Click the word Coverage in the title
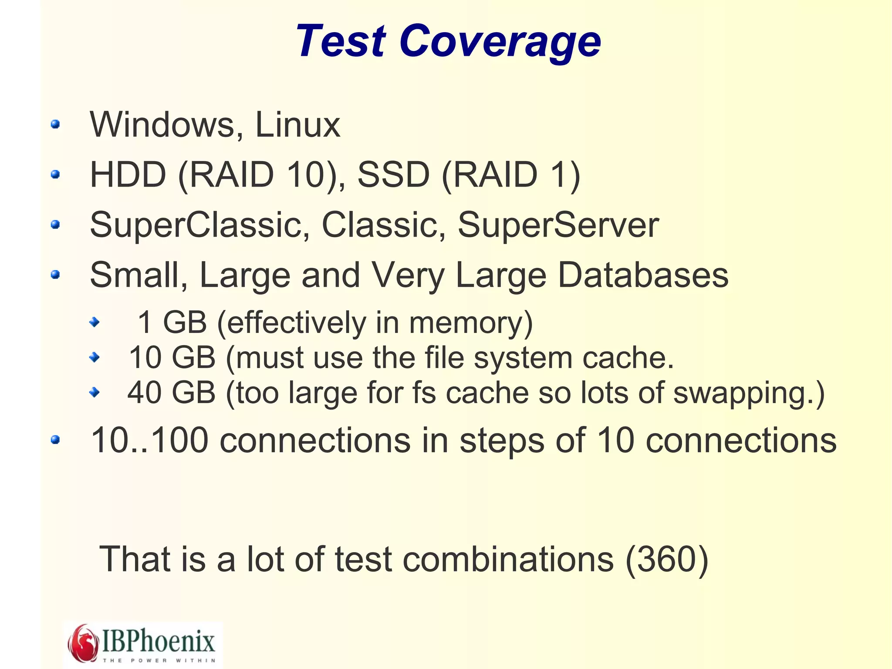pyautogui.click(x=500, y=41)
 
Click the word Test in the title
pyautogui.click(x=341, y=41)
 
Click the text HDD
pyautogui.click(x=128, y=175)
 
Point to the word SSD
pyautogui.click(x=393, y=175)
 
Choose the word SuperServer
pyautogui.click(x=558, y=225)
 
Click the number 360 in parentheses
pyautogui.click(x=667, y=559)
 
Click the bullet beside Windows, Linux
pyautogui.click(x=55, y=125)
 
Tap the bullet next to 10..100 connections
pyautogui.click(x=55, y=440)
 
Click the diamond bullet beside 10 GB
pyautogui.click(x=94, y=358)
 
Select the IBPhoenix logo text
pyautogui.click(x=159, y=642)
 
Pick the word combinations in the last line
pyautogui.click(x=508, y=559)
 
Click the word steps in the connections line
pyautogui.click(x=500, y=441)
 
